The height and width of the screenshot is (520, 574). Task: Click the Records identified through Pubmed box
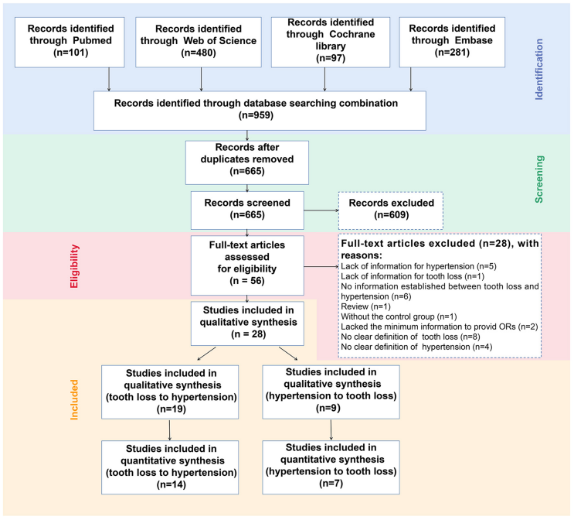70,42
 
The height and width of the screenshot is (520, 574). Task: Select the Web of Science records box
199,42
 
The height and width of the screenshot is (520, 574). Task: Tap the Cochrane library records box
331,42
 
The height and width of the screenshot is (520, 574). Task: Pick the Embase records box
452,42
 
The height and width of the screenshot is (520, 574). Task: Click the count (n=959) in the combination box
256,115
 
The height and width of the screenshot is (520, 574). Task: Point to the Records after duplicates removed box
247,162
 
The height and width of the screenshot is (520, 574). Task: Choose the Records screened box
247,210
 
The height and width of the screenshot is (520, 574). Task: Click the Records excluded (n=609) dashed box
391,210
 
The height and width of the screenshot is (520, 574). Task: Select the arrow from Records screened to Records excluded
321,210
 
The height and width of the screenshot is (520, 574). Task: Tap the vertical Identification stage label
539,70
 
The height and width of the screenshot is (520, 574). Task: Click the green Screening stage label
539,180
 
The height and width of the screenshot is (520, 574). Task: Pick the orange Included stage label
74,400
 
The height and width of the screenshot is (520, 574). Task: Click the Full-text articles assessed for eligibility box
247,265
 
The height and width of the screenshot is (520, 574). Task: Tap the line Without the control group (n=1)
399,316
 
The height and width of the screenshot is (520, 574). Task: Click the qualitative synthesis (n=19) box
170,392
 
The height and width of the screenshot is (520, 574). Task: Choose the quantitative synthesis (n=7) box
331,467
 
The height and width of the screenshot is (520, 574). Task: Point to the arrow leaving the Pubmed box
109,79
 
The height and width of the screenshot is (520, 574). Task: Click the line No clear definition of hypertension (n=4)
416,347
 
